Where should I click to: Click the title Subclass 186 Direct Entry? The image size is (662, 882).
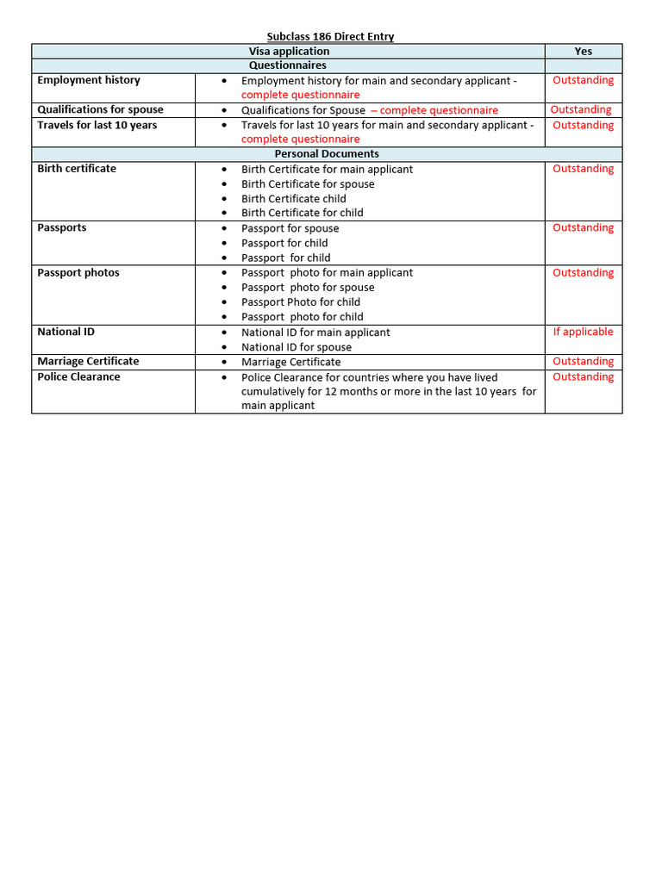(330, 36)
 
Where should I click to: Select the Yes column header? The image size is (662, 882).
(583, 51)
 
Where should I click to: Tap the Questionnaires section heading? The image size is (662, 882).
(288, 65)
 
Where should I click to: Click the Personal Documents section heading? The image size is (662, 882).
(326, 154)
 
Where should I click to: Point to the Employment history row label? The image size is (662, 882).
(88, 80)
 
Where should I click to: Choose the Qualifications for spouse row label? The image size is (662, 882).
(100, 110)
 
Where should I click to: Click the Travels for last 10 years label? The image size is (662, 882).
(97, 125)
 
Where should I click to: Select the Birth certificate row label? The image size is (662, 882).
(76, 169)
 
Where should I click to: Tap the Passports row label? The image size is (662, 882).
(61, 228)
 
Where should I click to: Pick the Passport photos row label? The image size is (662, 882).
(78, 273)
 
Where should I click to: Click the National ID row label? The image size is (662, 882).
(66, 332)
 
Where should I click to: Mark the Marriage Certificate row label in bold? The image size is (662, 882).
(87, 362)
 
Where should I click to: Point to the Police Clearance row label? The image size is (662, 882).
(78, 377)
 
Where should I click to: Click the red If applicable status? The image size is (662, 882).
(583, 332)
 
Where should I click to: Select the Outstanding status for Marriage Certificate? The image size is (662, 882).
(583, 362)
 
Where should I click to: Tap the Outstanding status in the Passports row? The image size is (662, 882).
(583, 228)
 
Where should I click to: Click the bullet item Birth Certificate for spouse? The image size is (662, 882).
(308, 184)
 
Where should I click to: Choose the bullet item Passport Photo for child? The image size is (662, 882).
(301, 302)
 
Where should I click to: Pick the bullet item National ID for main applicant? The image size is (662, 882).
(315, 332)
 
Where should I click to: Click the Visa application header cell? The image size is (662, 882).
(289, 51)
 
